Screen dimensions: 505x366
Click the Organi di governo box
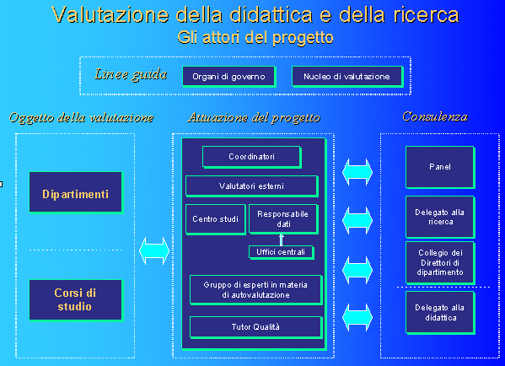pos(229,77)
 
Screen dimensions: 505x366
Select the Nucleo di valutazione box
pos(347,77)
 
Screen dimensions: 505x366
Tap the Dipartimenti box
pos(76,192)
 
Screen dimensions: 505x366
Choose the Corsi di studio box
pos(76,300)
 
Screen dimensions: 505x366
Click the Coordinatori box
pos(252,157)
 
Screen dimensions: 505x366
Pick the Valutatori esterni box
pos(252,186)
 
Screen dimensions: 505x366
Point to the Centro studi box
pos(216,219)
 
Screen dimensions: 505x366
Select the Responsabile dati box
pos(283,219)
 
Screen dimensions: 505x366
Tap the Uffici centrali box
pos(281,252)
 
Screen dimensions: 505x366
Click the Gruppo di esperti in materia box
pos(256,290)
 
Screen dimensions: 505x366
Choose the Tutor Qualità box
pos(256,327)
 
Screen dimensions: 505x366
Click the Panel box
pos(440,167)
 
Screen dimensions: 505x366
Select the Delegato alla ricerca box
pos(440,217)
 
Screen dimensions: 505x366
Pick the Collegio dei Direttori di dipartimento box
pos(440,263)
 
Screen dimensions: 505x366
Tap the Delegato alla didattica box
pos(440,313)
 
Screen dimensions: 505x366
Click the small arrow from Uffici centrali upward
pos(281,240)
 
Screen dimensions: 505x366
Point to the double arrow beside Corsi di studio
pos(154,251)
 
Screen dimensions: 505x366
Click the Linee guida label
pos(131,75)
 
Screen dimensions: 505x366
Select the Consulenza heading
pos(435,116)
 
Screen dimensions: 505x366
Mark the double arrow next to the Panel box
pos(357,172)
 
